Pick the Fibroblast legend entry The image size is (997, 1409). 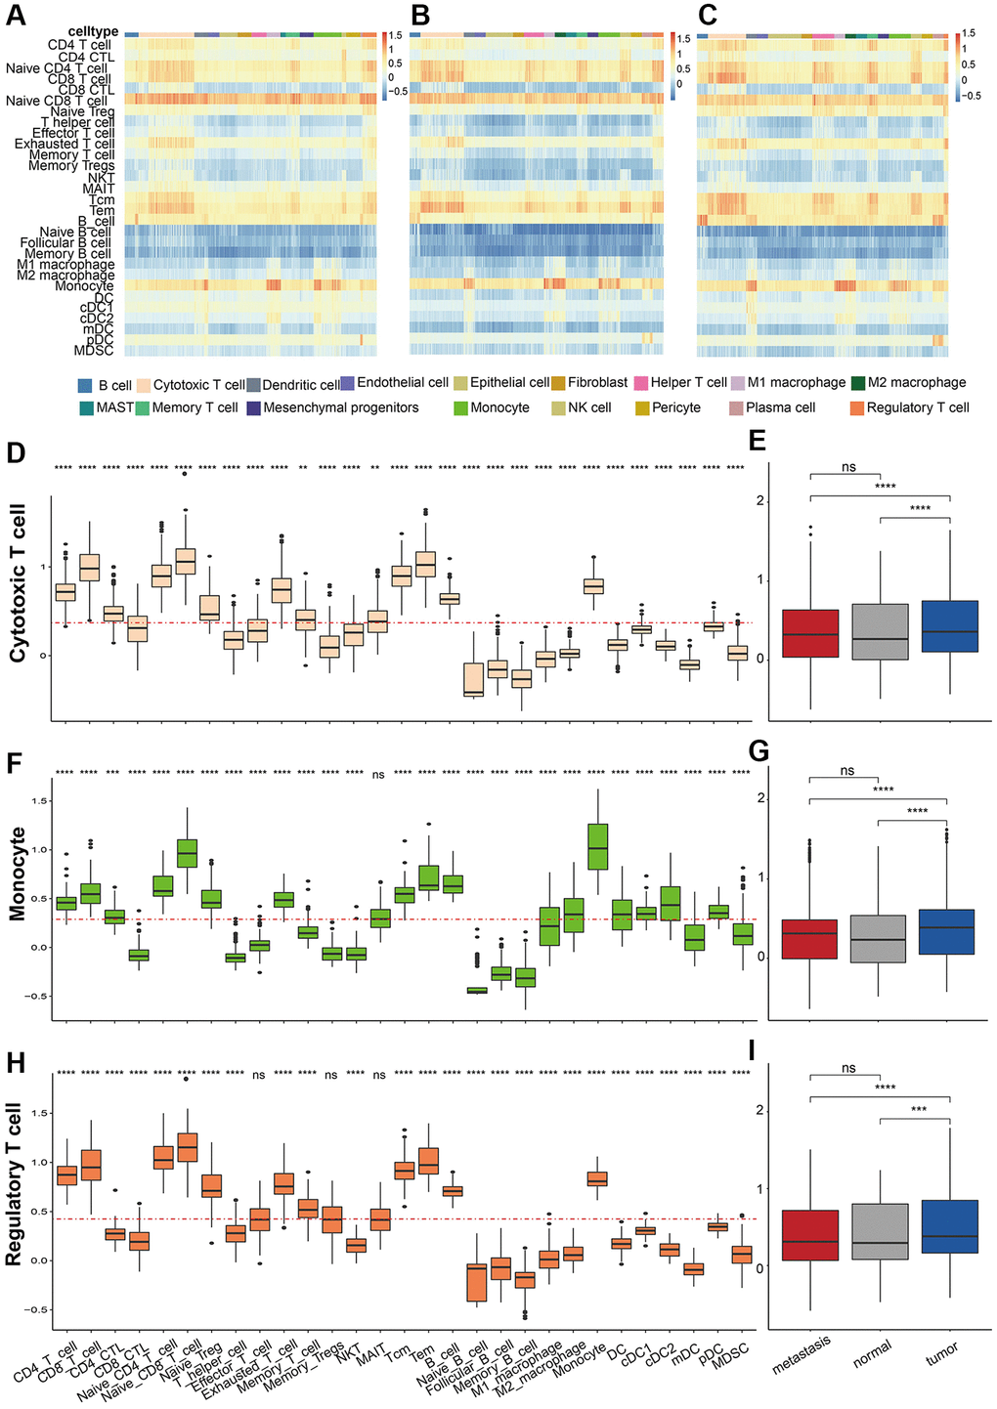click(558, 383)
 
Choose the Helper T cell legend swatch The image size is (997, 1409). click(641, 383)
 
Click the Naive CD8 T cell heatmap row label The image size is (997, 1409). click(58, 101)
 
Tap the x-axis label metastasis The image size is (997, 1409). click(802, 1354)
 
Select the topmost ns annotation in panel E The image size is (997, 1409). click(847, 468)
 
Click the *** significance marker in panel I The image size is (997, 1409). click(915, 1109)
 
